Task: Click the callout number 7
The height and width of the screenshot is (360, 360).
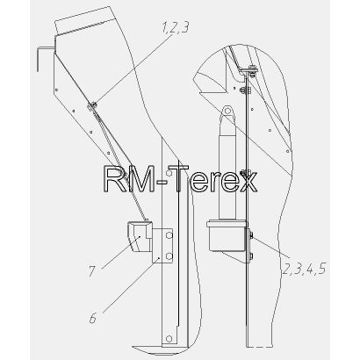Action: pos(92,271)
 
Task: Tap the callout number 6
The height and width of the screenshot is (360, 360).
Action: pos(93,318)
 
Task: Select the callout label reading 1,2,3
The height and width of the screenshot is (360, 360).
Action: pos(176,28)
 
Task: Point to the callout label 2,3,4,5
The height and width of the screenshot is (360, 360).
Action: pos(304,269)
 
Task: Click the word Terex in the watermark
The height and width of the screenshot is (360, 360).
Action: pos(217,179)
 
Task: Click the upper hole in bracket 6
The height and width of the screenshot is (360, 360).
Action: pos(169,235)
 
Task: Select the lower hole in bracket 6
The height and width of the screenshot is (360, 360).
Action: pos(169,256)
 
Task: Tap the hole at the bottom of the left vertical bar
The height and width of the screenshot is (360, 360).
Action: pos(169,339)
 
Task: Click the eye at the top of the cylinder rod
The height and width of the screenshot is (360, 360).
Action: pos(227,112)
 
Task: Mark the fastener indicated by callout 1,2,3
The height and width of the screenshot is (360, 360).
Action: pos(91,105)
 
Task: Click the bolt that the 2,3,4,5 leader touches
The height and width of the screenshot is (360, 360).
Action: pos(251,235)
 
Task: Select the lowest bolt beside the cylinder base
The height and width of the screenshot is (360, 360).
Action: pos(251,256)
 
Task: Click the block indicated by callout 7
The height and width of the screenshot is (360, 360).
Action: pos(140,236)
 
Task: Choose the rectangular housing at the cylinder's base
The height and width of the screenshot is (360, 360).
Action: pos(227,236)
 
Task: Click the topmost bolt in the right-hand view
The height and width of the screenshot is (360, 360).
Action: pos(251,70)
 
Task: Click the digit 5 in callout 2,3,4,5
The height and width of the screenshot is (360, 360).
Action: pos(321,269)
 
